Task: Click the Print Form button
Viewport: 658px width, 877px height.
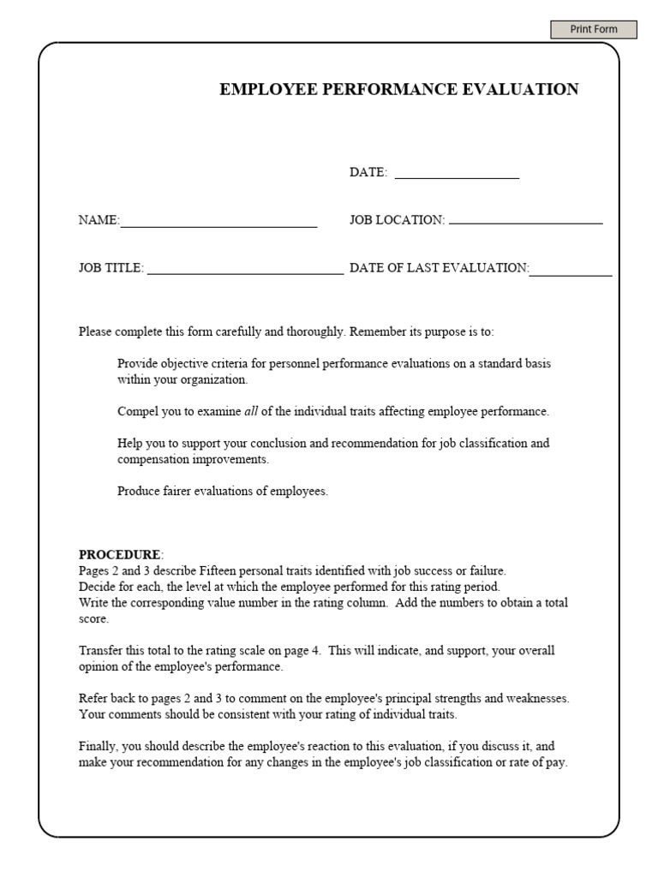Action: pyautogui.click(x=594, y=29)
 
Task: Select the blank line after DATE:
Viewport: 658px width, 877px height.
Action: pyautogui.click(x=457, y=173)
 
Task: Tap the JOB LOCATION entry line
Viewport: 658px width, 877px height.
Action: pyautogui.click(x=525, y=221)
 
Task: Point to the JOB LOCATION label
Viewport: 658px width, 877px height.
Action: pyautogui.click(x=396, y=220)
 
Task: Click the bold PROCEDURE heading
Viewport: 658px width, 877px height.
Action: pyautogui.click(x=119, y=554)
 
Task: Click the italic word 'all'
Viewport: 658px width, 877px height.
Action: pyautogui.click(x=251, y=412)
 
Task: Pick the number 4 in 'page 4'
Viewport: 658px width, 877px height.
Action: pyautogui.click(x=316, y=651)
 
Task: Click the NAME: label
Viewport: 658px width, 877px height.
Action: pyautogui.click(x=99, y=220)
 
